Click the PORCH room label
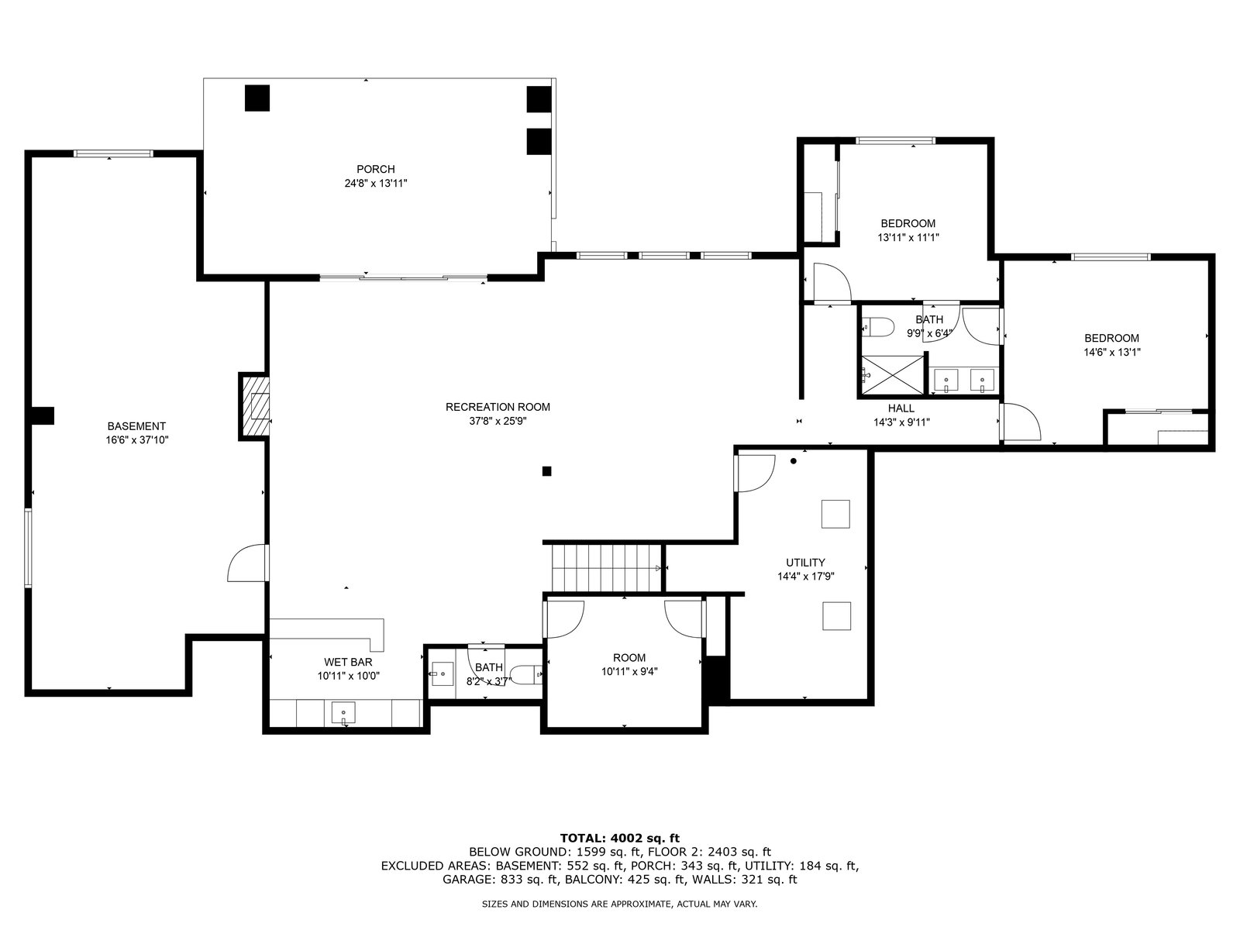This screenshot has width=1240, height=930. (376, 169)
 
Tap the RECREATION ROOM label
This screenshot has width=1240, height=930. (498, 407)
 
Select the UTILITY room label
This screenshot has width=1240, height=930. (805, 563)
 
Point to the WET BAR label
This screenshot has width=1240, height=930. (348, 662)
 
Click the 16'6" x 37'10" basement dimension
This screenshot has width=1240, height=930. (136, 440)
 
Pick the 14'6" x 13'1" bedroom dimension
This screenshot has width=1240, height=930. (1112, 353)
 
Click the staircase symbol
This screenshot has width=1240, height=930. (606, 568)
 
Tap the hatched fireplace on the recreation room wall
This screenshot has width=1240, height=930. (255, 407)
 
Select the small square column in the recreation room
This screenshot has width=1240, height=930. (546, 471)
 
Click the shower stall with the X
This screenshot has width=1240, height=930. (893, 374)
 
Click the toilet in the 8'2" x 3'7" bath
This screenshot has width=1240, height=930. (529, 674)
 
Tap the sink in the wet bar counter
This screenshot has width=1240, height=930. (343, 713)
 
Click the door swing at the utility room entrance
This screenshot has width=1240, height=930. (756, 474)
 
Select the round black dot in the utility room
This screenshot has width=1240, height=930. (793, 461)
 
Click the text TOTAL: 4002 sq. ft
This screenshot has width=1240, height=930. (620, 838)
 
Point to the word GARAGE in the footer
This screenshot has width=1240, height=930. (469, 879)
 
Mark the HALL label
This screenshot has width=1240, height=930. (901, 408)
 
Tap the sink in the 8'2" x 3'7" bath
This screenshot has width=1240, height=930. (443, 673)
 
